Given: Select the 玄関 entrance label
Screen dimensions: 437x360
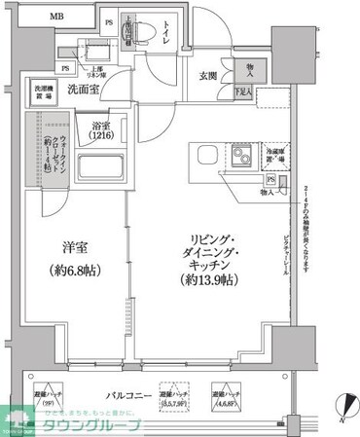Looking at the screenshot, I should click(208, 77).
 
